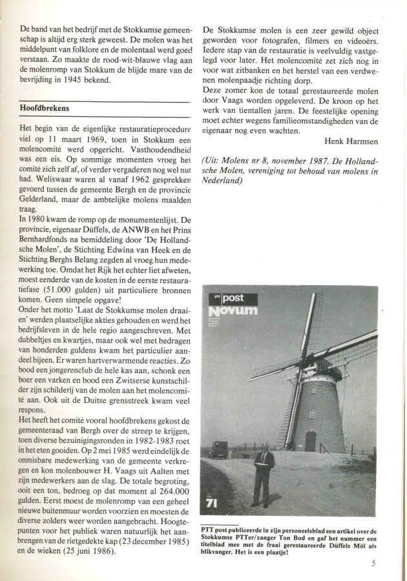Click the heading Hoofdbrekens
pos(45,108)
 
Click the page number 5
pos(373,562)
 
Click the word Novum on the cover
pos(233,311)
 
